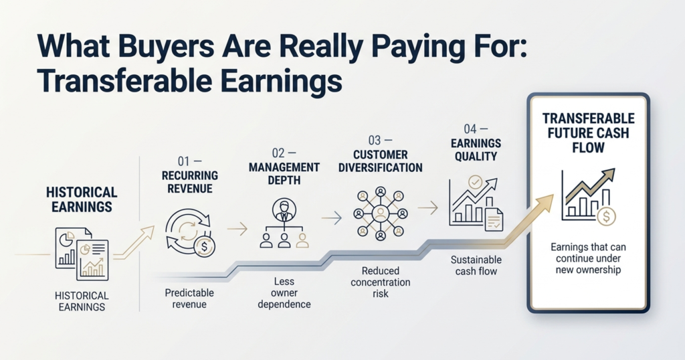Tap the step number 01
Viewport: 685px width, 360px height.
pos(184,161)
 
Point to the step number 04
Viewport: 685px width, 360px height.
pos(470,129)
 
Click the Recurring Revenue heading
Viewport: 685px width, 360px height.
pos(189,182)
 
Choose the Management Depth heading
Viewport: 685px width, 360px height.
pos(284,173)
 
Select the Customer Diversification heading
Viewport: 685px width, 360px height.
pos(380,161)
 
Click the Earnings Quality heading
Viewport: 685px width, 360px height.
pos(476,149)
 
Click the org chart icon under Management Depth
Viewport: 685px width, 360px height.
pos(284,223)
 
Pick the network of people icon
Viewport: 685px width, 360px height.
pos(381,214)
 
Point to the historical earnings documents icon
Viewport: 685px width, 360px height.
pos(82,254)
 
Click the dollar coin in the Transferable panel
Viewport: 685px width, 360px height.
pos(606,216)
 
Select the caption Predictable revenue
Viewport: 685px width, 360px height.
pos(189,298)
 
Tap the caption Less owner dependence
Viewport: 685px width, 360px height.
pos(284,292)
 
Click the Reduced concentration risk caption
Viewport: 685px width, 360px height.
pos(380,282)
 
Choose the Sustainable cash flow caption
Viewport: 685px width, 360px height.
pos(476,266)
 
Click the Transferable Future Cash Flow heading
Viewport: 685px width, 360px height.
pos(588,132)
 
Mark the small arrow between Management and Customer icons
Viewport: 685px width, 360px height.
pos(332,218)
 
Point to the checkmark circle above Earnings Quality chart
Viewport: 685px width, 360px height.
pos(475,182)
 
